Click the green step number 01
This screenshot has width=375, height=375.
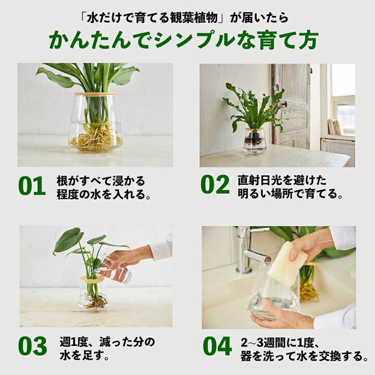[x=32, y=186]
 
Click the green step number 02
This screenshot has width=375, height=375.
[x=215, y=184]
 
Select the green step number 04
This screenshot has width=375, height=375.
[x=217, y=346]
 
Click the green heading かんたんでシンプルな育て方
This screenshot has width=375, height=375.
[x=183, y=40]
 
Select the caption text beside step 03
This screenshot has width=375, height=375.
[x=107, y=348]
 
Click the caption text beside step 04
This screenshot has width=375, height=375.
[x=304, y=349]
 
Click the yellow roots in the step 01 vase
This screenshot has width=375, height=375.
[x=96, y=141]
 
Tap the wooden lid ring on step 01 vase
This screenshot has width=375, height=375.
[x=95, y=94]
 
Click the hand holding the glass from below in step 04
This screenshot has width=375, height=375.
[x=281, y=316]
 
